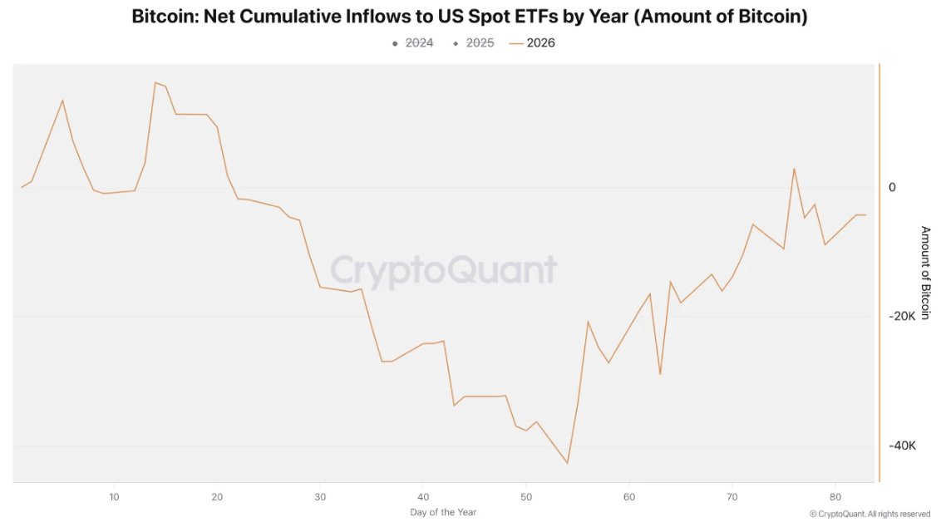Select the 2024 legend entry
pos(413,43)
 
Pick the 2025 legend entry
pos(474,43)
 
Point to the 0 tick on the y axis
pos(892,188)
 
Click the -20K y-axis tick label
pos(901,317)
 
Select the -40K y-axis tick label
pos(901,446)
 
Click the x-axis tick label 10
pos(114,496)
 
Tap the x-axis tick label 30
pos(320,496)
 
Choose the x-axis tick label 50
pos(526,496)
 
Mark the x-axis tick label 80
pos(835,496)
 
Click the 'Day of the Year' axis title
pos(443,512)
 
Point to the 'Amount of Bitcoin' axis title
pos(924,273)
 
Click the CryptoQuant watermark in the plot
pos(443,272)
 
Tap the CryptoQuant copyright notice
pos(870,514)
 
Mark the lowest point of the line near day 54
pos(568,463)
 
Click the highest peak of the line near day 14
pos(155,82)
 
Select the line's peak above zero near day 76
pos(794,169)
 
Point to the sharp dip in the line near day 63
pos(660,374)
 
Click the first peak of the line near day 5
pos(62,101)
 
